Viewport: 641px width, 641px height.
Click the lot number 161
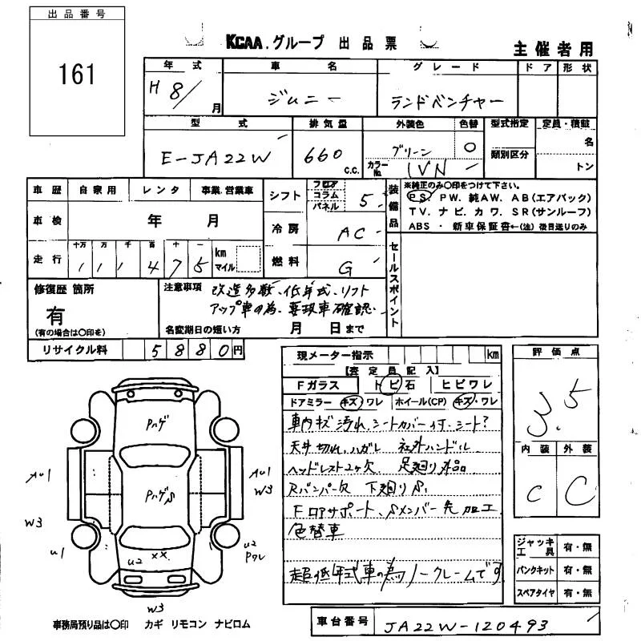click(x=77, y=75)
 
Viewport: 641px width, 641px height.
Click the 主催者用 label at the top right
click(x=554, y=47)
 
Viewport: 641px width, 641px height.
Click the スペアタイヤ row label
click(x=533, y=594)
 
